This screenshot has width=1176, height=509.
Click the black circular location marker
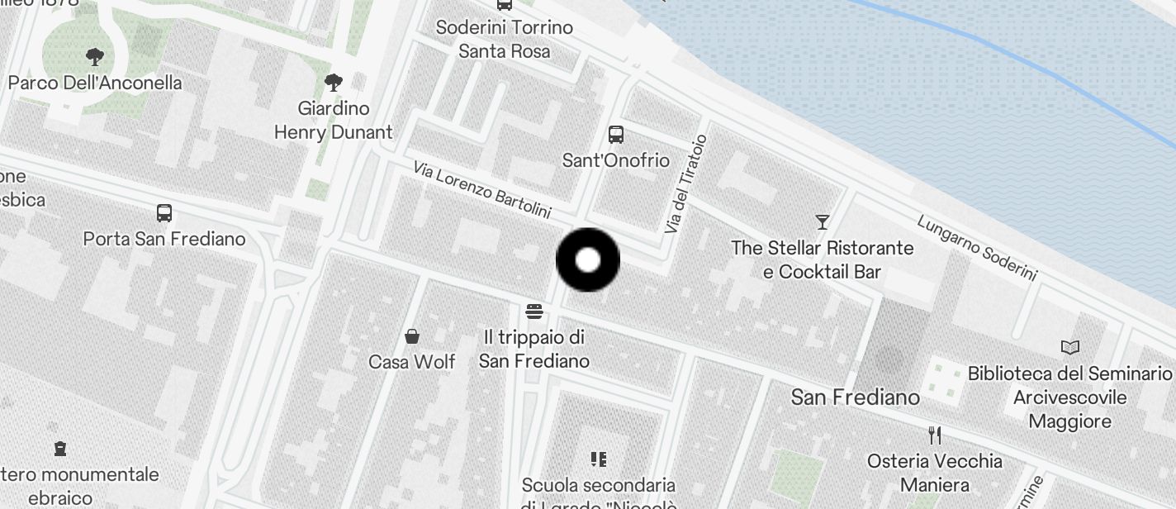click(587, 260)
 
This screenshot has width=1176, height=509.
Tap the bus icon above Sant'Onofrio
click(615, 135)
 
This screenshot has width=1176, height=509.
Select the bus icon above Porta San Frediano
click(164, 213)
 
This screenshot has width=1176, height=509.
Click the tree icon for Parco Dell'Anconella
click(95, 57)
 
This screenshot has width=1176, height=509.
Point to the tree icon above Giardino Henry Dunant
click(334, 82)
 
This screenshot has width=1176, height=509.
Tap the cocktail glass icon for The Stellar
click(822, 221)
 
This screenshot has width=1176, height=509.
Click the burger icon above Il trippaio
click(534, 312)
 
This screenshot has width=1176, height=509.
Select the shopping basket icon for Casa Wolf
click(412, 335)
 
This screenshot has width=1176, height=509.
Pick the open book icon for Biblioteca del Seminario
click(1070, 348)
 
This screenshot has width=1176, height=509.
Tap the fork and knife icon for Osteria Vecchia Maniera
click(935, 435)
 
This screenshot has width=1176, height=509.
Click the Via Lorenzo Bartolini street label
click(482, 190)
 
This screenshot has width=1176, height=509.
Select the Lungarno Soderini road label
click(976, 248)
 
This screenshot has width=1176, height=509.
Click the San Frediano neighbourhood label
click(855, 397)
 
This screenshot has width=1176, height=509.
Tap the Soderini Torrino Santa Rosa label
click(504, 39)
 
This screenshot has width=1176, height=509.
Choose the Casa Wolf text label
click(412, 362)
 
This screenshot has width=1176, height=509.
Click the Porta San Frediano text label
click(164, 239)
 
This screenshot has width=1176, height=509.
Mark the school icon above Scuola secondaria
click(599, 459)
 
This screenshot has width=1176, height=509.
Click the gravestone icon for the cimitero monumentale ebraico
click(59, 449)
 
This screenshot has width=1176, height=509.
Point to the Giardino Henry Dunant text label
click(334, 120)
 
